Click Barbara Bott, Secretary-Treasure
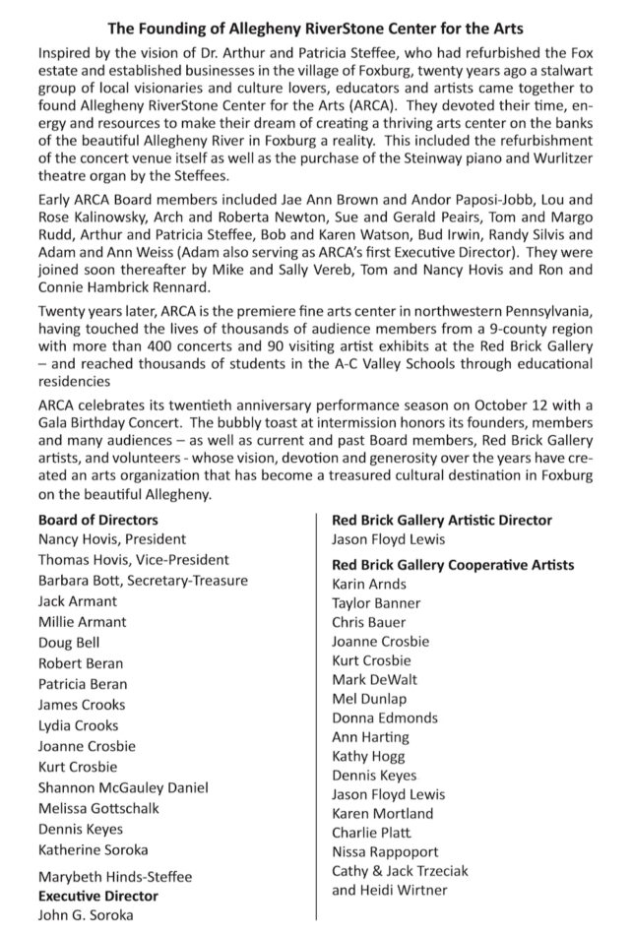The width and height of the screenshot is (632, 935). pyautogui.click(x=143, y=581)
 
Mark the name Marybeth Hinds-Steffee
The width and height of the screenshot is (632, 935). pyautogui.click(x=115, y=876)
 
